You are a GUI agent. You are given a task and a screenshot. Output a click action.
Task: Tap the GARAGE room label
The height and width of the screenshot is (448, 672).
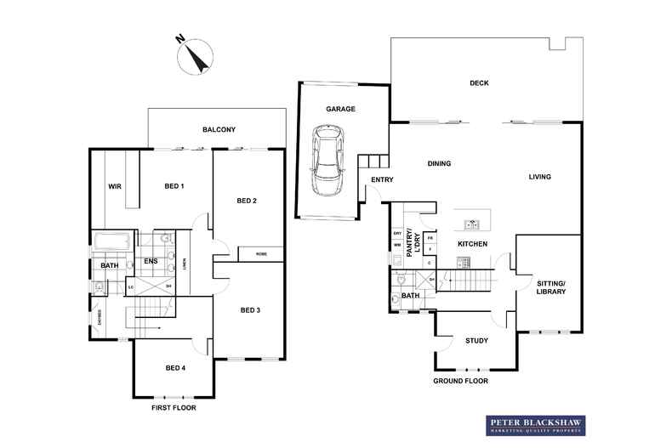pyautogui.click(x=340, y=109)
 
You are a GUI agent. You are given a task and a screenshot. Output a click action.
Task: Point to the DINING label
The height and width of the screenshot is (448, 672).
pyautogui.click(x=439, y=164)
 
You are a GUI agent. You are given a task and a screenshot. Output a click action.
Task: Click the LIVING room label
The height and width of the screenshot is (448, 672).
pyautogui.click(x=539, y=177)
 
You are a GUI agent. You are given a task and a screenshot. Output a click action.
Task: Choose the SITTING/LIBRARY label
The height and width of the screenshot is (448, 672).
pyautogui.click(x=550, y=286)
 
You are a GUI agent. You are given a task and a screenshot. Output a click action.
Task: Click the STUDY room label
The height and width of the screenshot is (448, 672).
pyautogui.click(x=476, y=341)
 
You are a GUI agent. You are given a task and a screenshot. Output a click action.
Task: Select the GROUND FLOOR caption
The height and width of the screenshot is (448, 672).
pyautogui.click(x=460, y=382)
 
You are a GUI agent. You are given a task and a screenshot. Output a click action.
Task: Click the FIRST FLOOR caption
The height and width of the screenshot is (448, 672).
pyautogui.click(x=173, y=408)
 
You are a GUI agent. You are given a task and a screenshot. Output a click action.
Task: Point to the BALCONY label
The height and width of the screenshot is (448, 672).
pyautogui.click(x=219, y=129)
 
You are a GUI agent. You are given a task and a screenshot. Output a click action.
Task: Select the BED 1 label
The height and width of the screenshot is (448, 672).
pyautogui.click(x=174, y=186)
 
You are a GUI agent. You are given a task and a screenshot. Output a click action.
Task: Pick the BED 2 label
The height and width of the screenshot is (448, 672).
pyautogui.click(x=247, y=201)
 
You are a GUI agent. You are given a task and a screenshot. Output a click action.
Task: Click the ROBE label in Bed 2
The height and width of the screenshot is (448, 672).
pyautogui.click(x=259, y=252)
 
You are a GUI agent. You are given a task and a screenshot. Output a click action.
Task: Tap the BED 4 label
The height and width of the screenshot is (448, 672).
pyautogui.click(x=175, y=367)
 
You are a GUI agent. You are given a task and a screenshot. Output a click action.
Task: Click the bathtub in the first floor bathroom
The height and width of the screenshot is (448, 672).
pyautogui.click(x=111, y=242)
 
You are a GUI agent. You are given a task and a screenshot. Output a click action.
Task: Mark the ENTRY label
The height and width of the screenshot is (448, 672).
pyautogui.click(x=381, y=179)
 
